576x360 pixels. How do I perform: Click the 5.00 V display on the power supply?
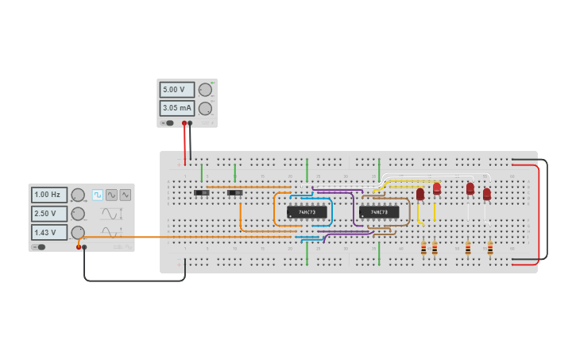coord(176,90)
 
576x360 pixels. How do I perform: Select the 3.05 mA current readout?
coord(176,107)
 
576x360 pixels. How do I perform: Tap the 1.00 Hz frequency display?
coord(49,195)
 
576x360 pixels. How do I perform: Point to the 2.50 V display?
coord(49,214)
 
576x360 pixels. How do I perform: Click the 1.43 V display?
coord(49,232)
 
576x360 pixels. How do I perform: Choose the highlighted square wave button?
coord(98,195)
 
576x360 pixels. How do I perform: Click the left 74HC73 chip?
coord(307,212)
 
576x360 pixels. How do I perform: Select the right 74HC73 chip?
coord(379,212)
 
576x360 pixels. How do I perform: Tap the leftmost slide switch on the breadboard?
coord(202,192)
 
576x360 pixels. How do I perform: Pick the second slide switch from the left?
coord(234,192)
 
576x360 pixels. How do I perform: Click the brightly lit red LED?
coord(437,188)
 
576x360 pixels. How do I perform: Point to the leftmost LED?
coord(420,194)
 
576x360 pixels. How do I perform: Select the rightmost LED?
coord(487,194)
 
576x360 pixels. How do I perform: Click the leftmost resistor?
coord(423,249)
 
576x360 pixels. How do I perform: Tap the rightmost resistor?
coord(490,249)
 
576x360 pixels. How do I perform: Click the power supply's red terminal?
coord(184,123)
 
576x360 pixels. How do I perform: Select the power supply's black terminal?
coord(190,123)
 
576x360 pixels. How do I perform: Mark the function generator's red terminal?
coord(79,247)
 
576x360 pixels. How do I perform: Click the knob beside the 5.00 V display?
coord(205,90)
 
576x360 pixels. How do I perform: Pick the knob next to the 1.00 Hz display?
coord(78,195)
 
